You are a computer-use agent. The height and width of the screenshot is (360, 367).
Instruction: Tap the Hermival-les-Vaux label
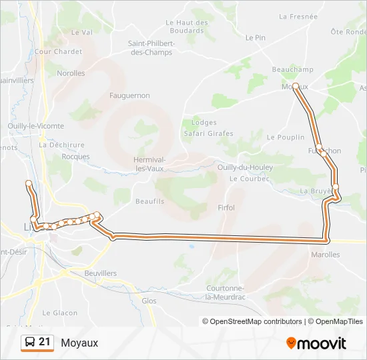(x=149, y=164)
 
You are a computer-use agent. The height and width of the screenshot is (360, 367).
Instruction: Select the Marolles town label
(x=326, y=255)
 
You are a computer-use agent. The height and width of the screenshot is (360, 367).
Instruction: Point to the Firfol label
(x=226, y=208)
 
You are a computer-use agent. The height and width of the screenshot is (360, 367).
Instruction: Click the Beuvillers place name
(x=101, y=273)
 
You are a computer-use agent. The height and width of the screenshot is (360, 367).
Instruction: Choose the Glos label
(x=149, y=301)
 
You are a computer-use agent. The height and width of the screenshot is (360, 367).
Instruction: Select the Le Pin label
(x=256, y=38)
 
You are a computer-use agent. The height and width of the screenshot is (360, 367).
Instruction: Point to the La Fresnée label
(x=298, y=17)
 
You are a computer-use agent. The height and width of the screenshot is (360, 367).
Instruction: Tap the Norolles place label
(x=71, y=73)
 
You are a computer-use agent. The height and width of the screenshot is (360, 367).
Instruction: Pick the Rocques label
(x=75, y=157)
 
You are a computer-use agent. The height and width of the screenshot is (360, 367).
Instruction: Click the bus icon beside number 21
(x=30, y=343)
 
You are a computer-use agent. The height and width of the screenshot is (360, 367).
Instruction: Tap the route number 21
(x=45, y=342)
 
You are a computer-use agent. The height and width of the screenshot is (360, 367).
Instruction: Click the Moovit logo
(x=316, y=343)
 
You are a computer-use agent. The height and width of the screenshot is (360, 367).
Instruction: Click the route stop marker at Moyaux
(x=295, y=86)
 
